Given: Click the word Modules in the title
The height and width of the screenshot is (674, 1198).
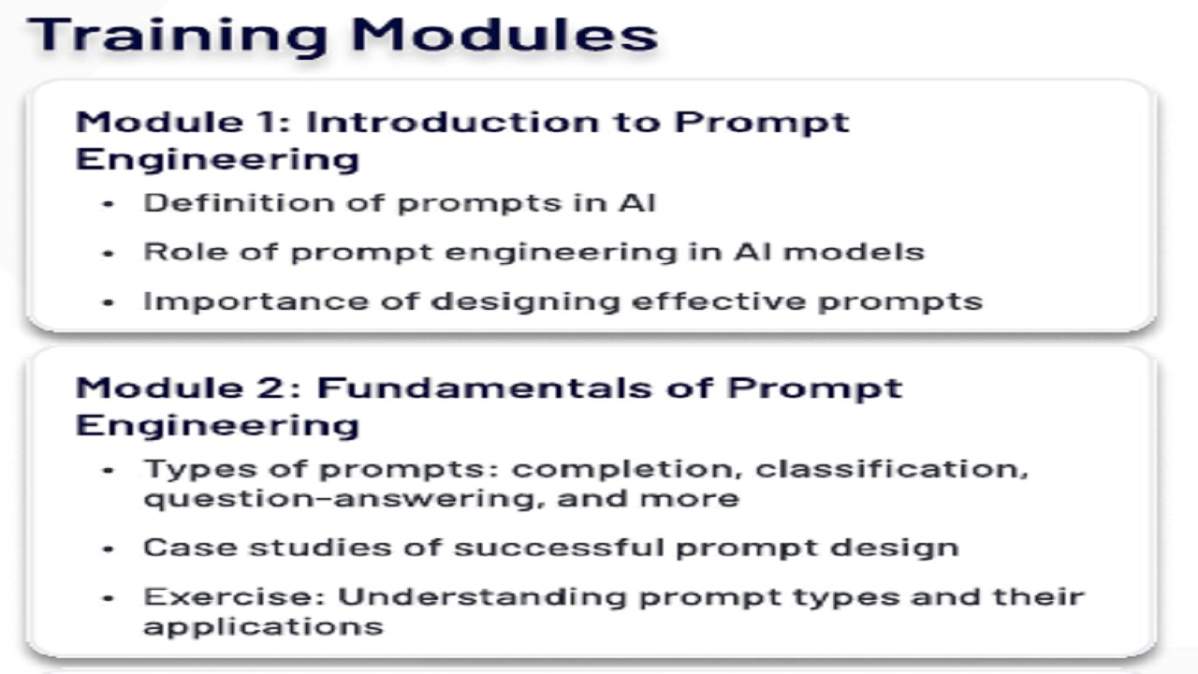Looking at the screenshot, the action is pos(504,35).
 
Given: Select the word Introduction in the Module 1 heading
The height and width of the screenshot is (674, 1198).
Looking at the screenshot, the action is pos(452,122).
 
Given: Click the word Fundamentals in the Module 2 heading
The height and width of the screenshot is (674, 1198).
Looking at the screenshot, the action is pos(485,388).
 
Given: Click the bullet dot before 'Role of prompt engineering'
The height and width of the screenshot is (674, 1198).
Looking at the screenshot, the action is pos(108,254).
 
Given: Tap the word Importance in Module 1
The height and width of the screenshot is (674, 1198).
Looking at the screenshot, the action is pos(256,302).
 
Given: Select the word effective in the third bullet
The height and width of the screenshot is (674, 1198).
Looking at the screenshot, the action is pos(719,301).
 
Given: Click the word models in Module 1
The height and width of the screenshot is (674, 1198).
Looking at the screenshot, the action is pos(855,252).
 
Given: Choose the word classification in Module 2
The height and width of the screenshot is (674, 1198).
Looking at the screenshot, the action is pos(892,469).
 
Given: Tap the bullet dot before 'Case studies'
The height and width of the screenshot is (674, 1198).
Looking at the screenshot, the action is pos(108,549).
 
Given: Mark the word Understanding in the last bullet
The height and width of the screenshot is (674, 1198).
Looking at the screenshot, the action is pos(482,597).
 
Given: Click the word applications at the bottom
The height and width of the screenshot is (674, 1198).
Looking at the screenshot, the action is pos(264,626).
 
